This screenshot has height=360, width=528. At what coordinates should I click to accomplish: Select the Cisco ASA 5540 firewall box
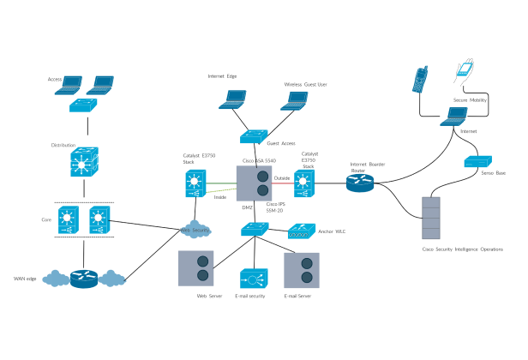click(x=255, y=183)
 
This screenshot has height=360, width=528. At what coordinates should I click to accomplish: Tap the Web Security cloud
click(x=195, y=230)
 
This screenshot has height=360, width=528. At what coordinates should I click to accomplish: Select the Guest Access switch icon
click(x=255, y=135)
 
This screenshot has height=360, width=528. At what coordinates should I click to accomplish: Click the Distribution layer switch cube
click(x=84, y=161)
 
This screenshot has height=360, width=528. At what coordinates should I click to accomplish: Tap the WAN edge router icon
click(x=84, y=279)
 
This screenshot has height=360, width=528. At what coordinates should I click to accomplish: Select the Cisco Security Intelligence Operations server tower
click(x=432, y=219)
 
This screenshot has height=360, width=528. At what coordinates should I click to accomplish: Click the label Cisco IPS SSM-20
click(x=276, y=207)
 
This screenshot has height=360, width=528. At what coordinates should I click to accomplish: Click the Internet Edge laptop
click(x=232, y=99)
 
